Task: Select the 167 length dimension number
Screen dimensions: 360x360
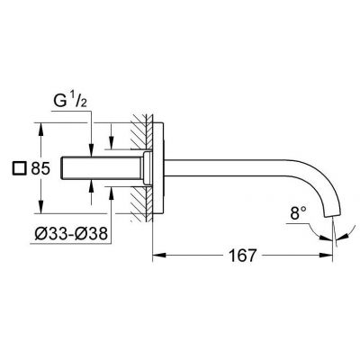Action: click(238, 255)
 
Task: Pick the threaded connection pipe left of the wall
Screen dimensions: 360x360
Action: click(103, 168)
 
